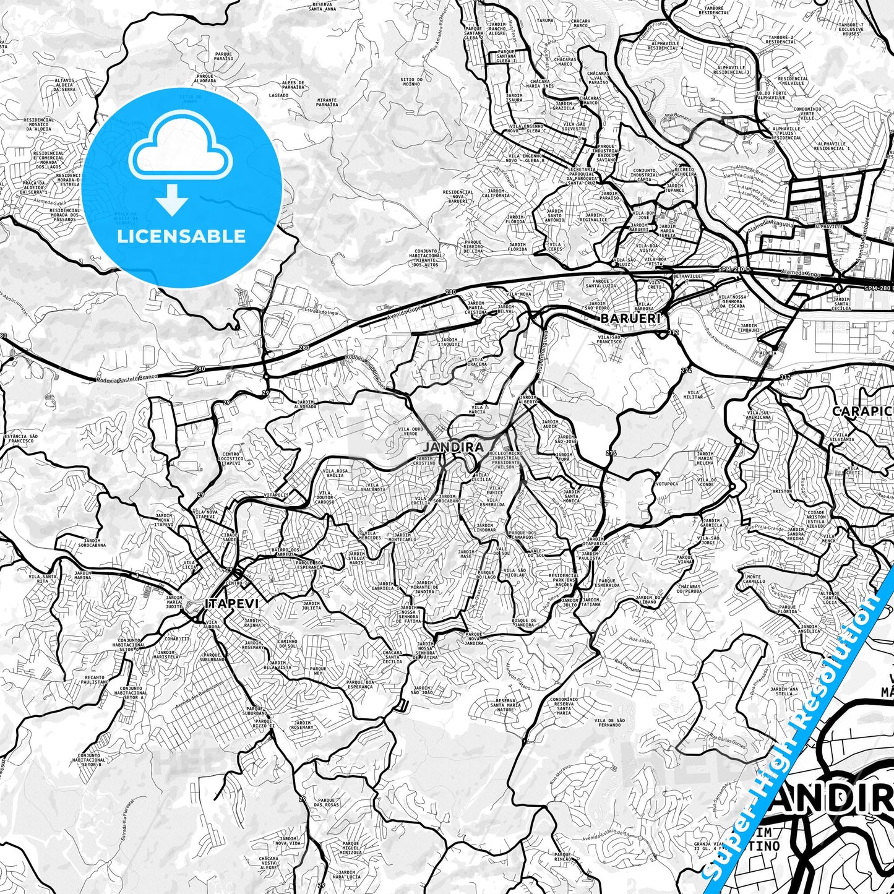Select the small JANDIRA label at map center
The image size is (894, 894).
[x=444, y=446]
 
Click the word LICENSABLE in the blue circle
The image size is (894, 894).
[x=181, y=236]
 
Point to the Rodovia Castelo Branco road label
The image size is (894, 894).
[x=127, y=376]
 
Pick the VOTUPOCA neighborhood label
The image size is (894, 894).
[x=667, y=484]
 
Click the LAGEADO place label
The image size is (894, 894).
[x=279, y=95]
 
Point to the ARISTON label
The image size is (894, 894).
[x=782, y=491]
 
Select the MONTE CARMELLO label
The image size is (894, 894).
[x=754, y=580]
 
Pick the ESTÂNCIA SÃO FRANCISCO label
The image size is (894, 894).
[x=21, y=439]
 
